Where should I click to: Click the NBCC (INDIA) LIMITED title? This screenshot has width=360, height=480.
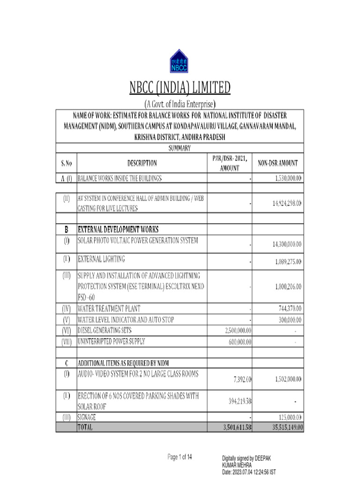click(x=180, y=88)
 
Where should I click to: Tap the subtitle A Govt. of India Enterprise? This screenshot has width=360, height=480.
click(x=180, y=104)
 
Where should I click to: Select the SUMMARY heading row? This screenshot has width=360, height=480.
click(x=180, y=148)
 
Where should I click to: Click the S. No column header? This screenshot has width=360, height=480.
click(x=66, y=164)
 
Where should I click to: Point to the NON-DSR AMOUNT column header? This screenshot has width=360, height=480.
click(x=278, y=164)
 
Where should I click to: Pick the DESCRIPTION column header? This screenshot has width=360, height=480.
click(x=142, y=164)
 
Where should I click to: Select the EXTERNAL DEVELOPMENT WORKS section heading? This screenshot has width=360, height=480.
click(x=118, y=230)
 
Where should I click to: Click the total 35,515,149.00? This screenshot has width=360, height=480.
click(x=279, y=427)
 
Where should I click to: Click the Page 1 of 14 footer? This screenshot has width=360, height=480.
click(x=180, y=457)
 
